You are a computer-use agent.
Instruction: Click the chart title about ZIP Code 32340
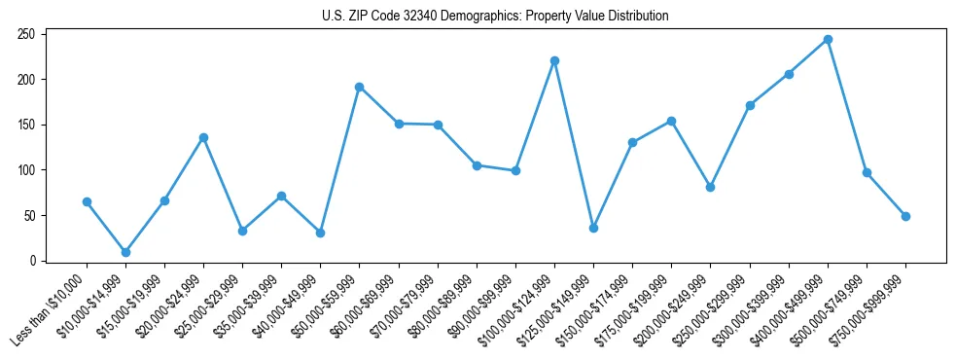click(x=495, y=16)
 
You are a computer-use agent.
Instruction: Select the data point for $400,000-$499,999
click(x=828, y=40)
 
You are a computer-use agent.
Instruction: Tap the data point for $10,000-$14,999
click(x=125, y=252)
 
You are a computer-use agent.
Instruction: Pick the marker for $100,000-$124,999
click(x=554, y=60)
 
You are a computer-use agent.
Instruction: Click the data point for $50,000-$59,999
click(x=359, y=87)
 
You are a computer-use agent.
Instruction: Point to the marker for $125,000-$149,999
click(x=593, y=228)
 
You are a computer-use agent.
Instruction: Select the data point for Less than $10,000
click(x=87, y=201)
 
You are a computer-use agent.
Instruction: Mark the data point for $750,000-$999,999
click(x=905, y=216)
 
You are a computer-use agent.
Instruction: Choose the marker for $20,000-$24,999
click(x=203, y=137)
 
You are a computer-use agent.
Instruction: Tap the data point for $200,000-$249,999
click(x=710, y=187)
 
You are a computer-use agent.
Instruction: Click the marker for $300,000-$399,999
click(x=789, y=74)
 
